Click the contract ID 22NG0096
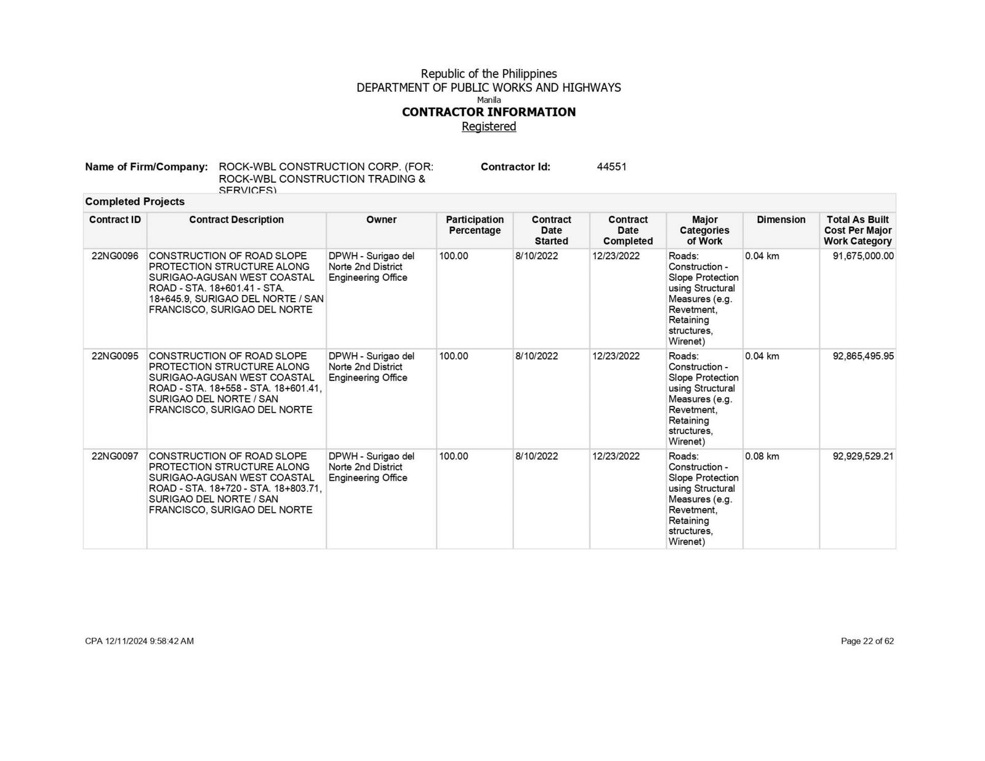[x=115, y=256]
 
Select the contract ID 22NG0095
[x=115, y=356]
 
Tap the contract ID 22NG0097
[x=115, y=456]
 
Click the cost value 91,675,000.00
[x=862, y=256]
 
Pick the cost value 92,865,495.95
[x=862, y=356]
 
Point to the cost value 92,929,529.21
[x=862, y=456]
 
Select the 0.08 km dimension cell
[x=762, y=456]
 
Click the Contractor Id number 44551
[x=611, y=167]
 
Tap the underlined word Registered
[x=489, y=126]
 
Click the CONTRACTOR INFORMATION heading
[x=489, y=112]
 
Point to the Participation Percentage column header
[x=475, y=225]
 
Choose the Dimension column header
[x=781, y=220]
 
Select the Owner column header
[x=381, y=220]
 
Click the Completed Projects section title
[x=135, y=202]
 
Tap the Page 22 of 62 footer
[x=867, y=641]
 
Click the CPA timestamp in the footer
[x=139, y=641]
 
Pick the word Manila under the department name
[x=489, y=100]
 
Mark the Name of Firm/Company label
[x=147, y=167]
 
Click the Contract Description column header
[x=236, y=220]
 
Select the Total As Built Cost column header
[x=857, y=230]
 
